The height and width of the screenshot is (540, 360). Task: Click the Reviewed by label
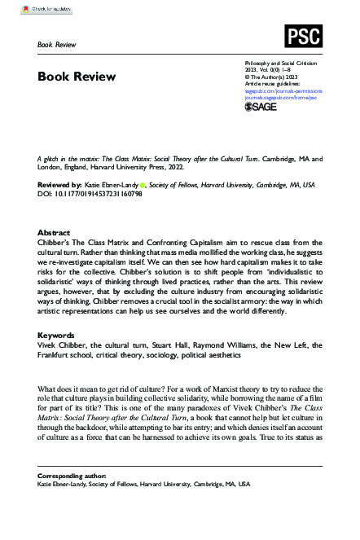pos(62,186)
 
